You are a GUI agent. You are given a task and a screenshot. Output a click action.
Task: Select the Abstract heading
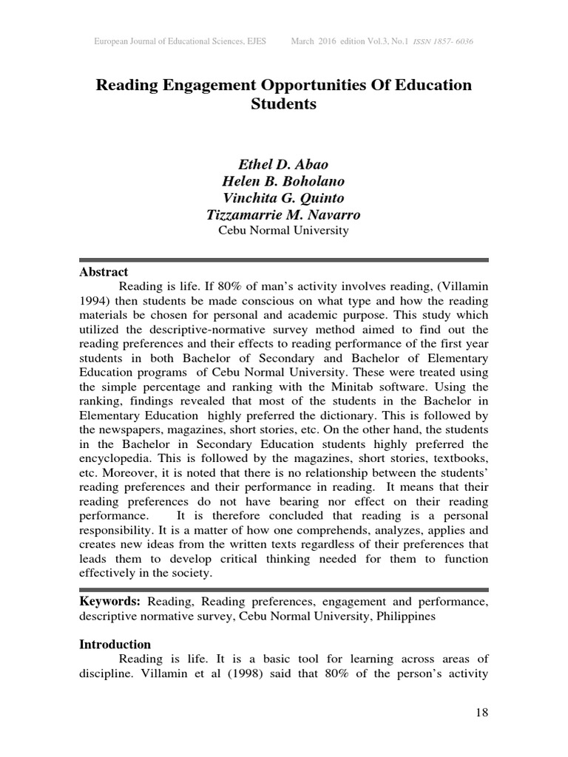[104, 272]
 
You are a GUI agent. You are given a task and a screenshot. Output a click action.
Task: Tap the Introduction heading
[115, 644]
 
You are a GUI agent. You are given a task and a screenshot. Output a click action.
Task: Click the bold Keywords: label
[109, 602]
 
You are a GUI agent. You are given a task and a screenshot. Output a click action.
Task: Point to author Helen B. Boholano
[283, 181]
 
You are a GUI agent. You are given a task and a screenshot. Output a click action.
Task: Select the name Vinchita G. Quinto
[283, 198]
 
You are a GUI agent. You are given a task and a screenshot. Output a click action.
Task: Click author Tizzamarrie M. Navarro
[283, 215]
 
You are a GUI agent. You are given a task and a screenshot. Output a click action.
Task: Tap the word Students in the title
[284, 104]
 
